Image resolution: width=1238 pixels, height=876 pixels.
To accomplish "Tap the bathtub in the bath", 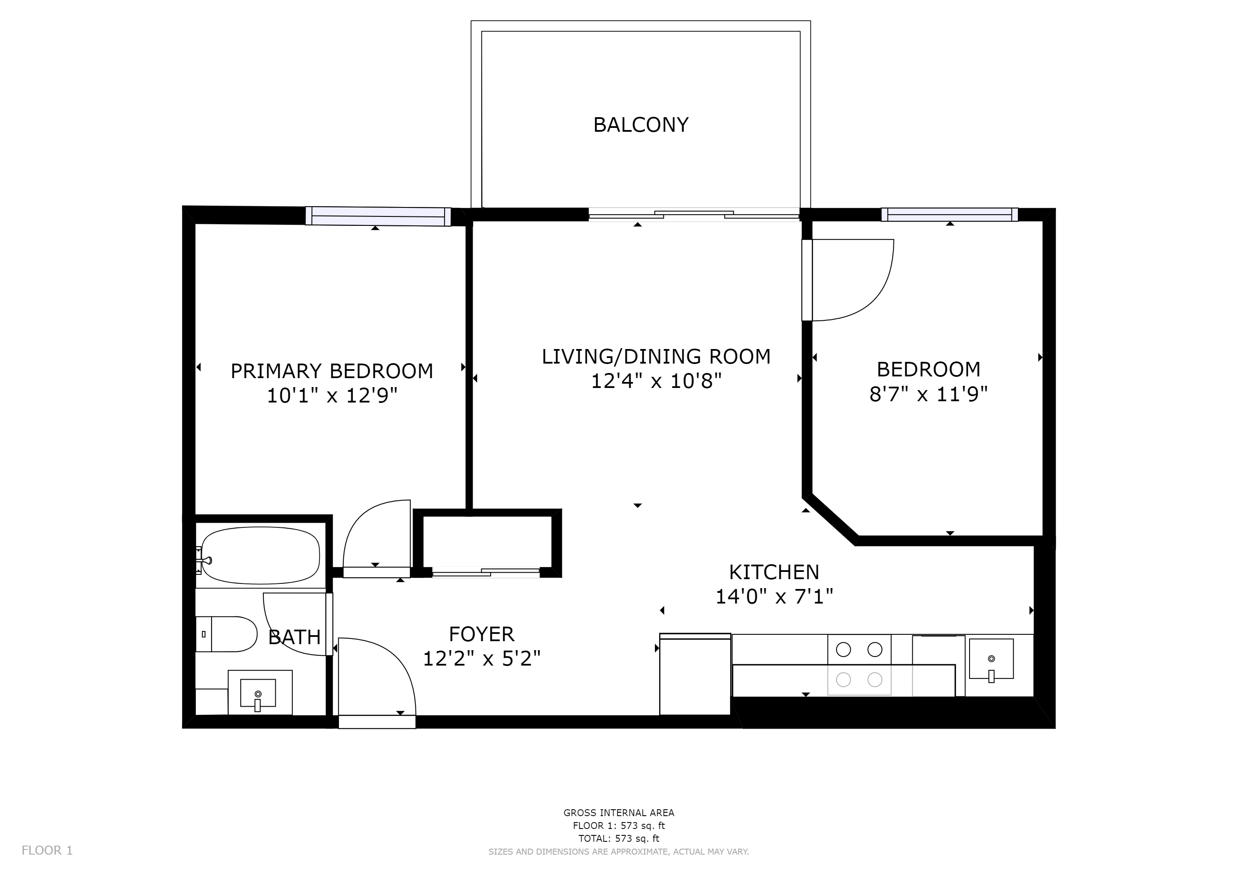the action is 260,555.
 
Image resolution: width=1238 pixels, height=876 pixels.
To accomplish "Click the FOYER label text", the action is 481,634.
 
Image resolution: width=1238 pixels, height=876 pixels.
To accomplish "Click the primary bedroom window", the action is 378,216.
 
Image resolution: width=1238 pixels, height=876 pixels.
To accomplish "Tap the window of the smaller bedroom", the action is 949,215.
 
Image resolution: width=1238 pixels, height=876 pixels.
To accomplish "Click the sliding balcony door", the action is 693,215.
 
